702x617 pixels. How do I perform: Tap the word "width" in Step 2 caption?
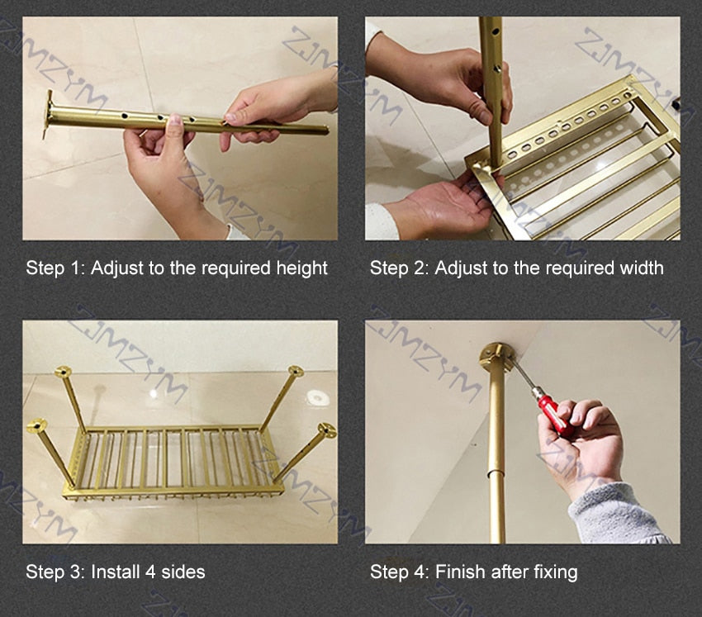click(641, 268)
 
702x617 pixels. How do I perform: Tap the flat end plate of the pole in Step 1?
click(47, 114)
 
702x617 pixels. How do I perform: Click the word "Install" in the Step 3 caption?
click(115, 572)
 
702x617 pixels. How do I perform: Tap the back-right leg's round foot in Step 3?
click(296, 371)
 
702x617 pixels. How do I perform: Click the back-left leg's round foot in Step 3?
click(63, 371)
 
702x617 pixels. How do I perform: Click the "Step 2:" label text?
click(399, 268)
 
